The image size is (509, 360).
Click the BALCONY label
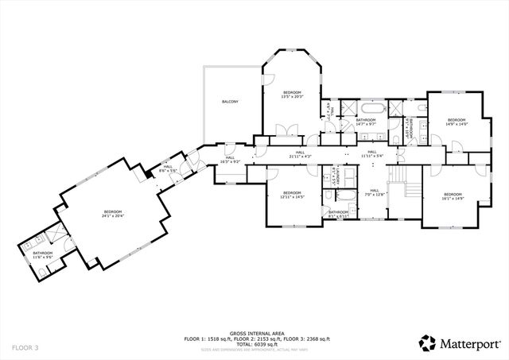(230, 102)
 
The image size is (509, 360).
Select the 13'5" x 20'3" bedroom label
(293, 95)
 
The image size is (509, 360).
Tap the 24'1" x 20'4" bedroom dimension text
(115, 214)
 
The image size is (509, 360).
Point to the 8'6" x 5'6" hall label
(167, 168)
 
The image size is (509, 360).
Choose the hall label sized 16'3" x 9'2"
(229, 159)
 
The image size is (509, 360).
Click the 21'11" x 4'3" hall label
(300, 154)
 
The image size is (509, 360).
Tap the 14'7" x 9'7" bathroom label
(365, 122)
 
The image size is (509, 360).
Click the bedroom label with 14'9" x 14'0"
(456, 122)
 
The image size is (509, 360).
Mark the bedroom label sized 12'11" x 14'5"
(293, 195)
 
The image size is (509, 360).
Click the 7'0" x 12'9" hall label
(374, 193)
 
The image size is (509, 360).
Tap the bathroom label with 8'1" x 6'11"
(338, 213)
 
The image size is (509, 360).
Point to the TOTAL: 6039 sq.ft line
(254, 343)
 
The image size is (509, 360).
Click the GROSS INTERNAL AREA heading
(254, 333)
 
